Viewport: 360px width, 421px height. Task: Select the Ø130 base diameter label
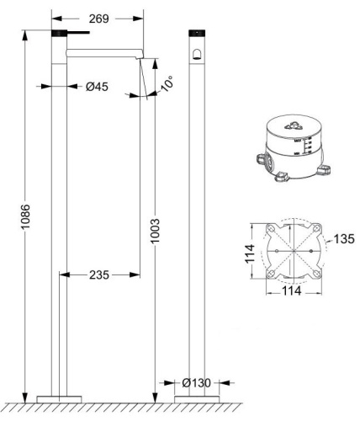[195, 384]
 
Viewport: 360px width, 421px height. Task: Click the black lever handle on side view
[72, 33]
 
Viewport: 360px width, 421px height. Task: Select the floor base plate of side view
[60, 397]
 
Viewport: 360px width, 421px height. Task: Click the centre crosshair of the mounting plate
[292, 252]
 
